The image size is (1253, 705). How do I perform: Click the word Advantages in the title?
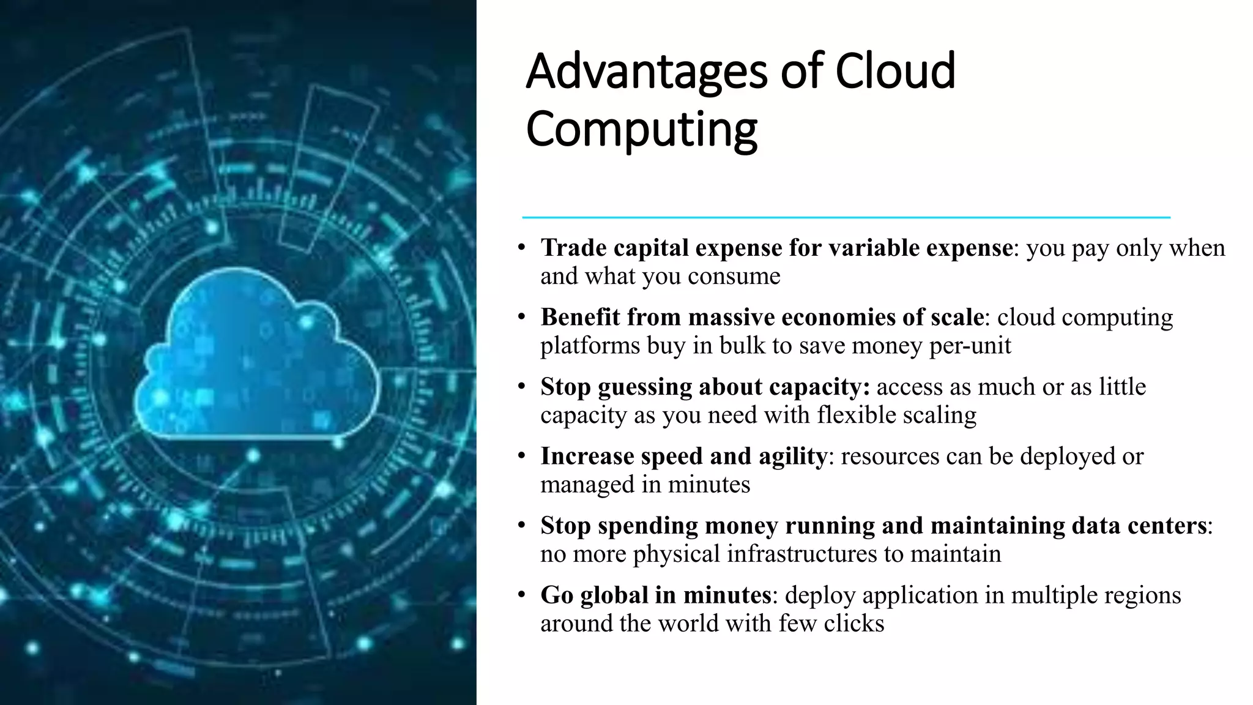point(646,72)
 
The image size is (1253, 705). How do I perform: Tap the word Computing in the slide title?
point(641,130)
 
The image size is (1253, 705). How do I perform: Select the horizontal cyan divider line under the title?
point(846,217)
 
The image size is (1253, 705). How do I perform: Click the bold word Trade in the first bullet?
point(573,248)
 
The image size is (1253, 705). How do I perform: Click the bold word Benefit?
point(580,318)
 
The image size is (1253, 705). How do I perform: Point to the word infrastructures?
point(802,554)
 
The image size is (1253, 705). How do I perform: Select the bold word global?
point(614,595)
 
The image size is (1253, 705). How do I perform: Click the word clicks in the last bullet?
point(853,624)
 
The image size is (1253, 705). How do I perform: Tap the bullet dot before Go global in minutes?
point(521,594)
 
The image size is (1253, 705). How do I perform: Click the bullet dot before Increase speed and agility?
point(521,455)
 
